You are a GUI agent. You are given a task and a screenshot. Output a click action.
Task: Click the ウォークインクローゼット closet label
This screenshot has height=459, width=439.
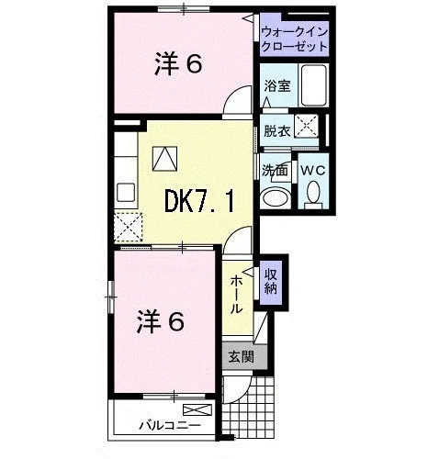295,39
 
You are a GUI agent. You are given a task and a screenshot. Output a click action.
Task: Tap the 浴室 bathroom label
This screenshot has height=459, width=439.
277,86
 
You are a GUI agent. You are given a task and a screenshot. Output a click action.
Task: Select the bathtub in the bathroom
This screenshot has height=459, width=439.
313,85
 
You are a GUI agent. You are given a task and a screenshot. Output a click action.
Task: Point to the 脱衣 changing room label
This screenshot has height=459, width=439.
277,131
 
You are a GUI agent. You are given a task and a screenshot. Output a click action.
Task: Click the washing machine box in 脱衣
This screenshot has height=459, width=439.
306,126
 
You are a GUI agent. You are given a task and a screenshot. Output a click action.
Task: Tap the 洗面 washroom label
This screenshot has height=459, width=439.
275,171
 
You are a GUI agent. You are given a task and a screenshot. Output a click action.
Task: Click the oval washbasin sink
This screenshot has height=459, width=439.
276,198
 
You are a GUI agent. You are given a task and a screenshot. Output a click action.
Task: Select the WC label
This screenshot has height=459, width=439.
312,171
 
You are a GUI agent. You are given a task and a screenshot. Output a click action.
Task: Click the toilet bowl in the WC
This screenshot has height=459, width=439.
313,192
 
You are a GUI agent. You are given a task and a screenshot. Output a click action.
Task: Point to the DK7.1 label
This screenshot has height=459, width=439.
199,201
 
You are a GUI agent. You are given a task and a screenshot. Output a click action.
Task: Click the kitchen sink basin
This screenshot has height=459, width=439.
126,192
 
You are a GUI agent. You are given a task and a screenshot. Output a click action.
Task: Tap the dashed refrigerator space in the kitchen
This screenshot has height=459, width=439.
129,227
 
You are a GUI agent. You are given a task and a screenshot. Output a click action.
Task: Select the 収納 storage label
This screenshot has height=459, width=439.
271,282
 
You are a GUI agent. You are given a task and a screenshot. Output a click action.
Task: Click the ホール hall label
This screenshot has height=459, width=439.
236,294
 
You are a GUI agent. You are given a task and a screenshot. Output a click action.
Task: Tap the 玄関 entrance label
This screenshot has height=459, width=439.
242,356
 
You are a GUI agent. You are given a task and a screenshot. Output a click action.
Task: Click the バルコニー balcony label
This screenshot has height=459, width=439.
170,425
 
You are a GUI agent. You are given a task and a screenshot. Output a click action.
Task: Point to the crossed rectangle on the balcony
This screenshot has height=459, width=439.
197,409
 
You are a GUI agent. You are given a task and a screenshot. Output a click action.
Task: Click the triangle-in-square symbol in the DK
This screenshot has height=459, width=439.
165,159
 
